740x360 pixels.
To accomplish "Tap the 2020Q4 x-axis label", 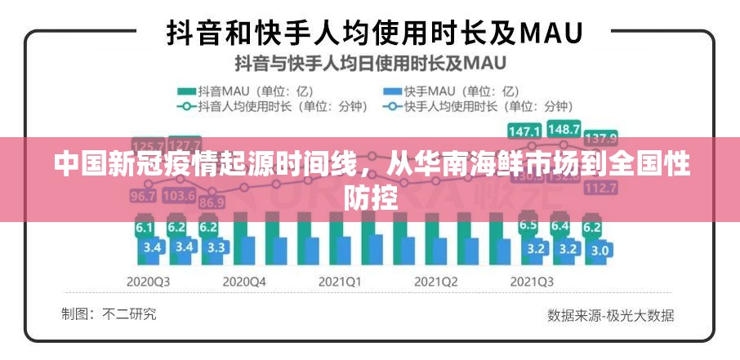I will (x=246, y=281).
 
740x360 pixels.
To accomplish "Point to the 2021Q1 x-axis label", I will (x=340, y=281).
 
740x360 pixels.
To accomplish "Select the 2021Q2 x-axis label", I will (x=435, y=281).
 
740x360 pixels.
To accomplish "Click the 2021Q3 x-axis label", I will (x=531, y=281).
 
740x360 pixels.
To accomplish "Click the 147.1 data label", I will (x=524, y=131).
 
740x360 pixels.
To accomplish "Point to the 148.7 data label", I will (x=564, y=129).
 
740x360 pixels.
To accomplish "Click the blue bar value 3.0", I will (x=600, y=251).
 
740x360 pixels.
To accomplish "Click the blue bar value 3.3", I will (x=216, y=247).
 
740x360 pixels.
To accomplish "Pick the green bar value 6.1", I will (x=145, y=228).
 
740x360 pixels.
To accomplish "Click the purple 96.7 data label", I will (x=143, y=197).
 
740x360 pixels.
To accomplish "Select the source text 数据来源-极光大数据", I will (x=610, y=314).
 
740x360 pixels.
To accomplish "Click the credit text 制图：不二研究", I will (x=109, y=313).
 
